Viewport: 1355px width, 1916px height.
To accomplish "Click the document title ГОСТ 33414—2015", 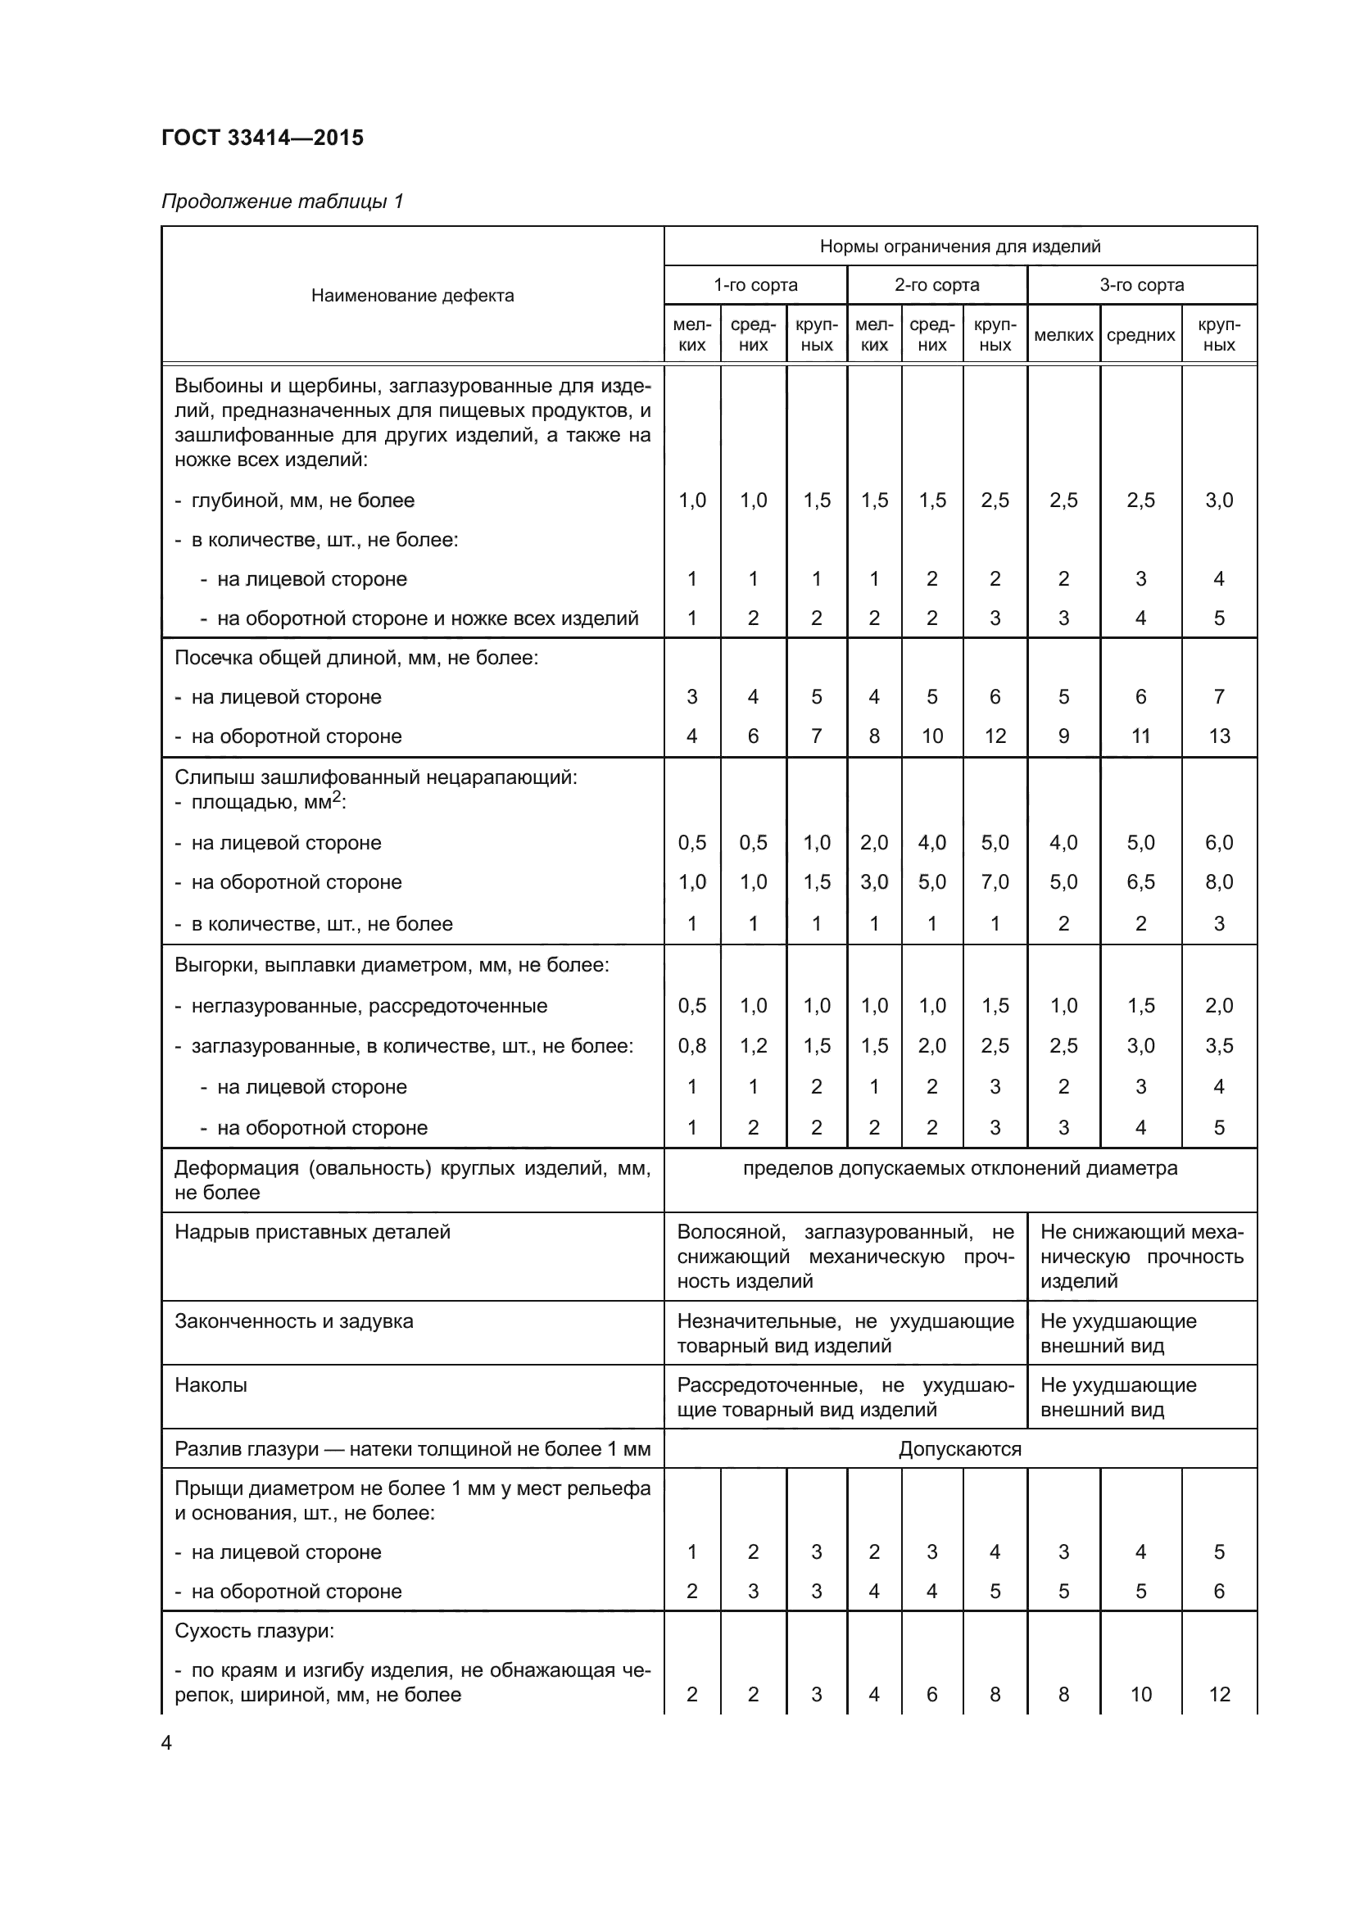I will coord(262,138).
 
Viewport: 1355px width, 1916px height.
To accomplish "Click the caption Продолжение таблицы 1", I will coord(282,202).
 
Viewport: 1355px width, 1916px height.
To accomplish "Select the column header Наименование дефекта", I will coord(412,296).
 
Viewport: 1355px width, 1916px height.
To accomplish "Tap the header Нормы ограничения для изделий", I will coord(959,247).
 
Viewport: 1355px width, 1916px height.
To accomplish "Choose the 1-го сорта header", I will coord(755,285).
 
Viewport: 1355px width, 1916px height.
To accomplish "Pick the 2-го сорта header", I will coord(936,285).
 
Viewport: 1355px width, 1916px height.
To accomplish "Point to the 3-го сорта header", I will coord(1141,285).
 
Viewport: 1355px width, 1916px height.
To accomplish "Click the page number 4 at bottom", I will coord(166,1743).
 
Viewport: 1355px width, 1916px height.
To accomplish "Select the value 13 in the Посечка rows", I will coord(1219,736).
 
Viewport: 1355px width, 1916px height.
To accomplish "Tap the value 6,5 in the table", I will coord(1140,882).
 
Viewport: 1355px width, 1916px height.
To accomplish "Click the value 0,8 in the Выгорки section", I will coord(691,1045).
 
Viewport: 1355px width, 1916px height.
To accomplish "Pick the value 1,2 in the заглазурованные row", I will coord(753,1045).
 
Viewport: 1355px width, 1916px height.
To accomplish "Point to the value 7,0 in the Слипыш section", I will coord(995,882).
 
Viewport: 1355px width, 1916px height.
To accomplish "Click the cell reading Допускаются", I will coord(959,1449).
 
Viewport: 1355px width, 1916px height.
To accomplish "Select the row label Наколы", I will coord(211,1385).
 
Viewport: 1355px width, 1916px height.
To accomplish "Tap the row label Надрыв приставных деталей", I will coord(312,1232).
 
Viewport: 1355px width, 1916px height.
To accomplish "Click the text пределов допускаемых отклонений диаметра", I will coord(959,1168).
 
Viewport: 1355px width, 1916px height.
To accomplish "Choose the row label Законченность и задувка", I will coord(294,1321).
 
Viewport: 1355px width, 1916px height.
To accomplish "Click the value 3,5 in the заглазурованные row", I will coord(1219,1045).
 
